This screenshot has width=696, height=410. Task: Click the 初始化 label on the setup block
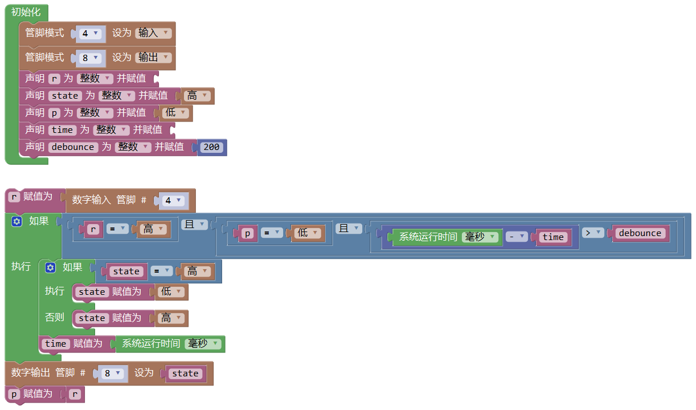point(26,12)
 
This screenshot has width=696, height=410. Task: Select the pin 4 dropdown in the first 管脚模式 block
point(90,34)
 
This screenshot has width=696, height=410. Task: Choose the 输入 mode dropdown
point(153,33)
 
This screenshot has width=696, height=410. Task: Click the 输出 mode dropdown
point(153,58)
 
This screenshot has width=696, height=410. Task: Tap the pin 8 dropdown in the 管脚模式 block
point(90,58)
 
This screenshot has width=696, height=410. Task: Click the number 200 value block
point(211,147)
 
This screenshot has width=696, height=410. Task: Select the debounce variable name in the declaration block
point(72,147)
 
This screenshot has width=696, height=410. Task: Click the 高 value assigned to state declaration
point(197,96)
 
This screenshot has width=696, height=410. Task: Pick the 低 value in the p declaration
point(175,113)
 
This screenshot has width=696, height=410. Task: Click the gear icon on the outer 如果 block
point(17,221)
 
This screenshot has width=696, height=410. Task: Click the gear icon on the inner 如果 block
point(51,267)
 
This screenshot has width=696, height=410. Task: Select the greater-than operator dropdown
point(592,233)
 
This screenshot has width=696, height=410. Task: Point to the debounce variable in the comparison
point(640,233)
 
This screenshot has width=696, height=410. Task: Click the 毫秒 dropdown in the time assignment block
point(204,344)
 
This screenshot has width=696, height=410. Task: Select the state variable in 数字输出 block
point(185,374)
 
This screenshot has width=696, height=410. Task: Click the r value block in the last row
point(75,394)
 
